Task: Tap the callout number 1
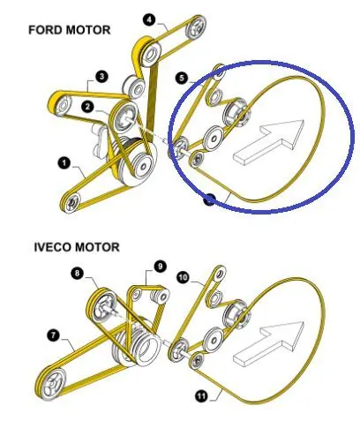pyautogui.click(x=64, y=163)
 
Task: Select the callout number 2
pyautogui.click(x=87, y=107)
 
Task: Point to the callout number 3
pyautogui.click(x=101, y=77)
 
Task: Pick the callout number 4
pyautogui.click(x=149, y=20)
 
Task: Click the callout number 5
pyautogui.click(x=182, y=79)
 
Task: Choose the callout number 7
pyautogui.click(x=53, y=335)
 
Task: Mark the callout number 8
pyautogui.click(x=77, y=274)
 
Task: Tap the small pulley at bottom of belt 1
pyautogui.click(x=71, y=202)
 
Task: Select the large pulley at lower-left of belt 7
pyautogui.click(x=52, y=382)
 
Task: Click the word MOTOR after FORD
pyautogui.click(x=88, y=30)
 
